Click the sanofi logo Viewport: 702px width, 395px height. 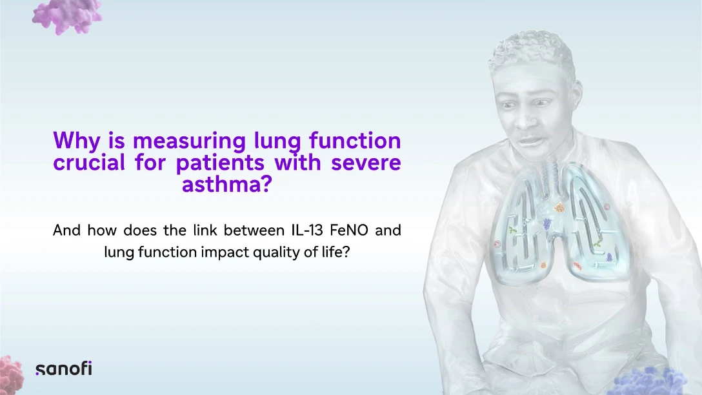click(x=64, y=368)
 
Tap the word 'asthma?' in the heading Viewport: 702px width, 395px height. click(x=227, y=183)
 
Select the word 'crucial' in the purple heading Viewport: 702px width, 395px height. click(x=88, y=161)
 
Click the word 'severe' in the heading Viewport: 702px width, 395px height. click(x=366, y=162)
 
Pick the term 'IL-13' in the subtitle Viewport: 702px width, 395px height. click(x=307, y=230)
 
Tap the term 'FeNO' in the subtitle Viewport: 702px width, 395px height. click(x=349, y=230)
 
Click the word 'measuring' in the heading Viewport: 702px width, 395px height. click(x=189, y=141)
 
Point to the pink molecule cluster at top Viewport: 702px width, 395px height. click(x=67, y=16)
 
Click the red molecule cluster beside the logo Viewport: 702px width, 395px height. click(x=11, y=375)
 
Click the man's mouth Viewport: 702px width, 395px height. click(x=530, y=141)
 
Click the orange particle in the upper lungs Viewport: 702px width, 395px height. click(x=559, y=208)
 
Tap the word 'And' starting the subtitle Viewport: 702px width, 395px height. click(x=66, y=230)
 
